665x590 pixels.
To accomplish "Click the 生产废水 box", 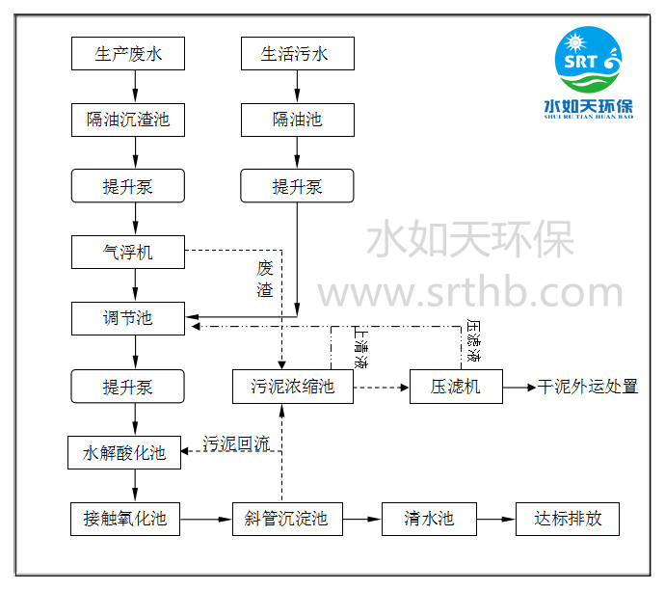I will click(x=127, y=53).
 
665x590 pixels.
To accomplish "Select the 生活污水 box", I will click(x=297, y=53).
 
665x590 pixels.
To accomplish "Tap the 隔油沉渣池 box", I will click(x=127, y=120).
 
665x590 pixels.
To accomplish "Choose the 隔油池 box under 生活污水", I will click(x=297, y=120).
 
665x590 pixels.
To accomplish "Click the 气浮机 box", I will click(x=127, y=253).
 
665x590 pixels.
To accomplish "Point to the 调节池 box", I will click(x=127, y=318).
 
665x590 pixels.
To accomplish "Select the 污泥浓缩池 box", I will click(x=292, y=388).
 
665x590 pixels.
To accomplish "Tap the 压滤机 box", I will click(x=444, y=388).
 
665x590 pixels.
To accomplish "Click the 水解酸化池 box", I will click(x=123, y=452).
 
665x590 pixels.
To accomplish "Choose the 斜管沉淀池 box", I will click(x=286, y=519).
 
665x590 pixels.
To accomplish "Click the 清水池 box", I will click(x=429, y=519).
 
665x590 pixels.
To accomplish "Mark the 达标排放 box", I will click(x=568, y=519).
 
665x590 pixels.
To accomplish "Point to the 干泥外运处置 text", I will click(x=587, y=388).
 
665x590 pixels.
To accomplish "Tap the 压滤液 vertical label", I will click(x=473, y=341).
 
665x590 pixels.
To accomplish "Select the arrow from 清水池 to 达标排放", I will click(x=495, y=519).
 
